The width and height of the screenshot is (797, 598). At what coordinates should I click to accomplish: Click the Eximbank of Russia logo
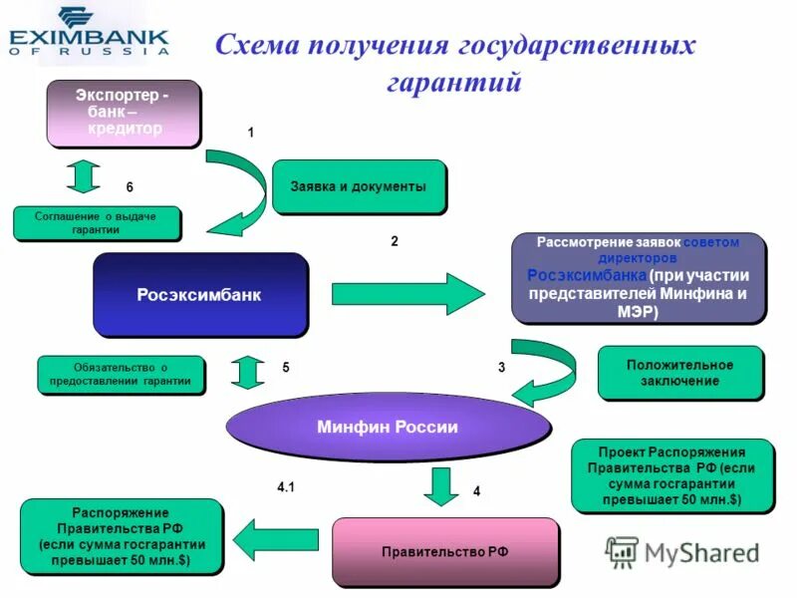(89, 32)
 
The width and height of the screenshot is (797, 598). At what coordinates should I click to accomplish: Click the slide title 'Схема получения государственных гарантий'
(454, 63)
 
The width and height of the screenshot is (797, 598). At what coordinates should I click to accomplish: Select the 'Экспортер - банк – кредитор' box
(123, 113)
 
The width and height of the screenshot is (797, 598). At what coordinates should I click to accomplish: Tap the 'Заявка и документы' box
(358, 186)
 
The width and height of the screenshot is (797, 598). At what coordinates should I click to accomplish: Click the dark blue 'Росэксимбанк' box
(199, 295)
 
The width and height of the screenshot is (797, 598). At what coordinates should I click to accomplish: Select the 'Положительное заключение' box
(679, 373)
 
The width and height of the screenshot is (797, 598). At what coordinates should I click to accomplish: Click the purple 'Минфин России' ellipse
(388, 428)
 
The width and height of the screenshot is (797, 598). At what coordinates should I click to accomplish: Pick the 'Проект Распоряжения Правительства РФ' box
(671, 474)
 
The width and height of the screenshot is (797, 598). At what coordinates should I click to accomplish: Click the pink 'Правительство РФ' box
(444, 551)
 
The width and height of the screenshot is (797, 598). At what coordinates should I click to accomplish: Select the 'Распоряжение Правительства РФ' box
(121, 537)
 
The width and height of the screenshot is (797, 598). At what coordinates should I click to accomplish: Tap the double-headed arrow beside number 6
(83, 175)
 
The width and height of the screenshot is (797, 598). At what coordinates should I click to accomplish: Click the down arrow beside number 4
(438, 486)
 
